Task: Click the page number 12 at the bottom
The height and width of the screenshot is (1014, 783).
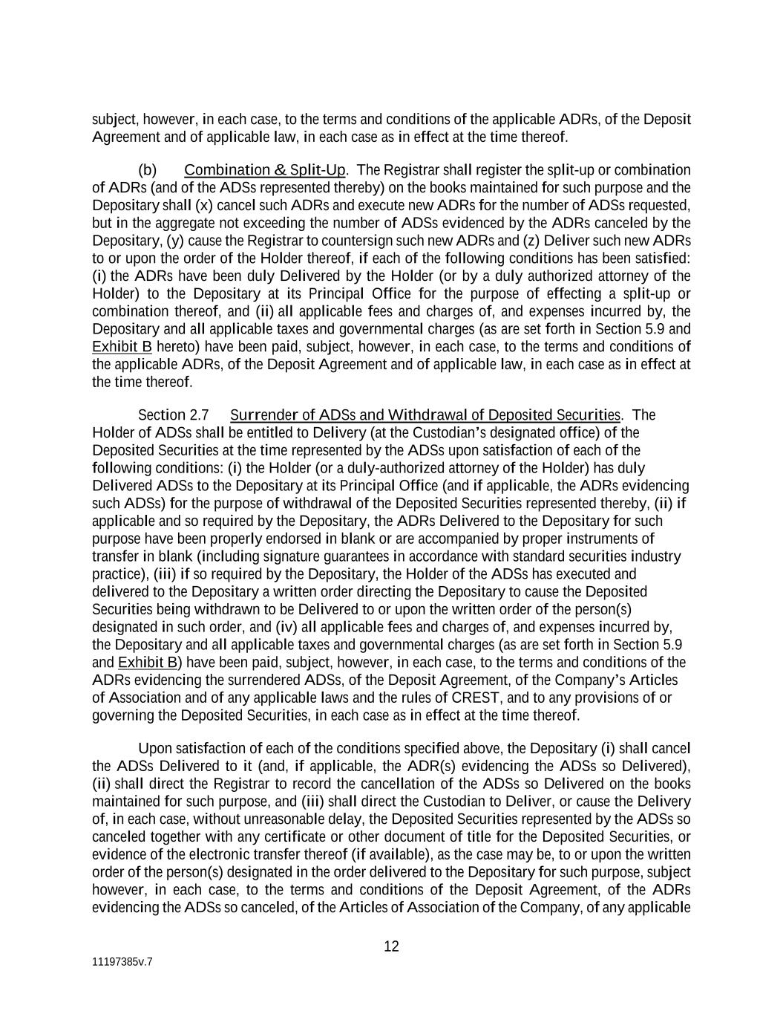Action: pyautogui.click(x=391, y=946)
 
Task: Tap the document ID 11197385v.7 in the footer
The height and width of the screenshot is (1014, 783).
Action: pyautogui.click(x=122, y=961)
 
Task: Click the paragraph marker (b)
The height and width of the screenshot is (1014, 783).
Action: pyautogui.click(x=147, y=170)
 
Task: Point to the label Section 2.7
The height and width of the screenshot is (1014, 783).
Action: pyautogui.click(x=173, y=415)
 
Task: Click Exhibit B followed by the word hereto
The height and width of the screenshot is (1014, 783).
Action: pyautogui.click(x=122, y=347)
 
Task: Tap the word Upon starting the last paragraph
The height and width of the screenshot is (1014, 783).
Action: pyautogui.click(x=154, y=748)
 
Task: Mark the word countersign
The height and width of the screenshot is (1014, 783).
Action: pyautogui.click(x=332, y=241)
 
